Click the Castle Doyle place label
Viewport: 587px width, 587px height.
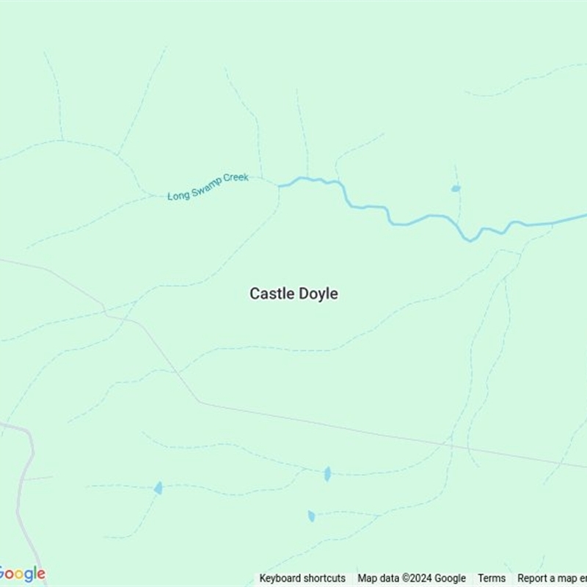pos(293,293)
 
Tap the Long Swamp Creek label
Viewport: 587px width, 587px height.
pos(208,187)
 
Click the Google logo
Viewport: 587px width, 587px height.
pos(22,574)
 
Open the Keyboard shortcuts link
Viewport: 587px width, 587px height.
pos(302,578)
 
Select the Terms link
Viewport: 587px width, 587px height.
pos(491,578)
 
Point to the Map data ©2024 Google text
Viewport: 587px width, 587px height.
pos(412,578)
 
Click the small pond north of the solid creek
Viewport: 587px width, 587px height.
pos(456,189)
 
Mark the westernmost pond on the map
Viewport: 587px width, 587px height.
pos(158,488)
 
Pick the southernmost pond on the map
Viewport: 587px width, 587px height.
pos(311,516)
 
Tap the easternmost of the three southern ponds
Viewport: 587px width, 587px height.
pos(327,474)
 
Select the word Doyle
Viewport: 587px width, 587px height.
pos(317,293)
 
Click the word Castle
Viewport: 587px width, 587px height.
pos(271,293)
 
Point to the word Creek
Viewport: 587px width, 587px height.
pos(237,178)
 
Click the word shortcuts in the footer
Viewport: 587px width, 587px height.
pos(324,578)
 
